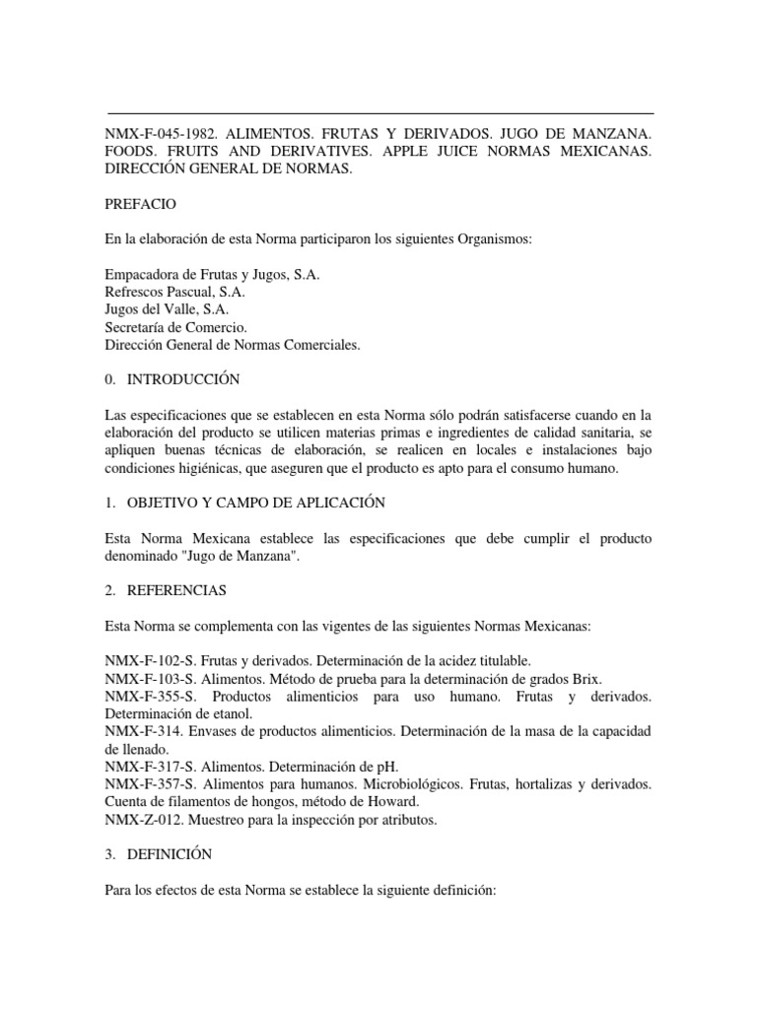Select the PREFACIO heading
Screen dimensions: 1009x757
[139, 205]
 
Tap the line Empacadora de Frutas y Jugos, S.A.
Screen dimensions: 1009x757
[212, 275]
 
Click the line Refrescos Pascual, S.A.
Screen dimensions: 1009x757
[174, 293]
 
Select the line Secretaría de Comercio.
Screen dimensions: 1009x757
[175, 327]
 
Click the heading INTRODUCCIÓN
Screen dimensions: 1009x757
[183, 379]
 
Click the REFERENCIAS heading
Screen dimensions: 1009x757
[177, 590]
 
